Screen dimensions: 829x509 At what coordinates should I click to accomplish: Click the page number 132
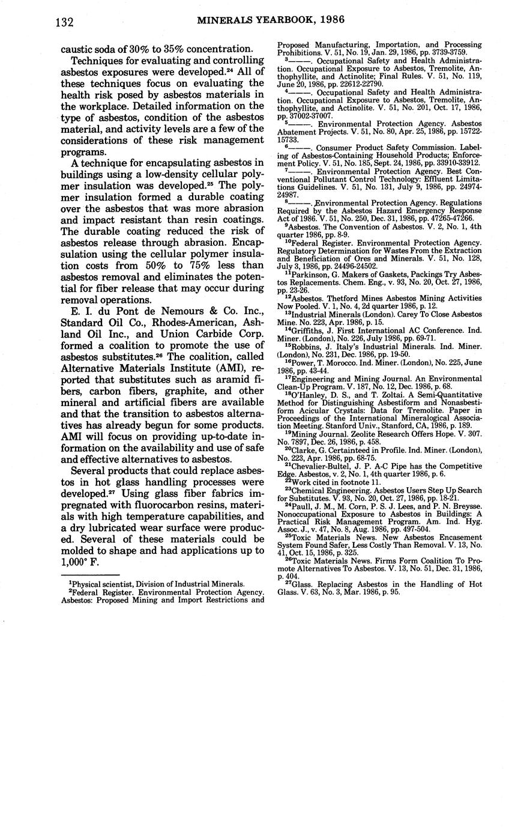tap(64, 22)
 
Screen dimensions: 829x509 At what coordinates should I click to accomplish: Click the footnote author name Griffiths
tap(307, 329)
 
